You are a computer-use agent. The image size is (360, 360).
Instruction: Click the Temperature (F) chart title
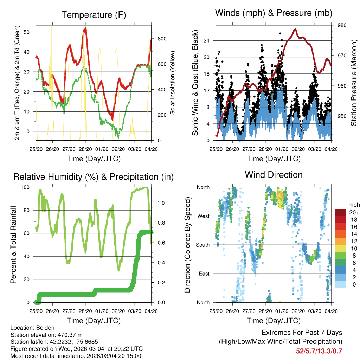(x=94, y=15)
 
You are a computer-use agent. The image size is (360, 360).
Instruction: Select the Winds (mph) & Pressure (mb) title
(x=274, y=13)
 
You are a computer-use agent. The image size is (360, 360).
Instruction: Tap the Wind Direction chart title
(x=274, y=174)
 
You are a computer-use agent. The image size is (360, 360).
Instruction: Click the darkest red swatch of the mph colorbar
(x=341, y=212)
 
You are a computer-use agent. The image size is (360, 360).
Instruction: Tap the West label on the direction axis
(x=204, y=216)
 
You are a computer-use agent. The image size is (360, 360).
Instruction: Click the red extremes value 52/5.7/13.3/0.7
(x=319, y=351)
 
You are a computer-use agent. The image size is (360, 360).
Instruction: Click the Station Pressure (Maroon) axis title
(x=354, y=83)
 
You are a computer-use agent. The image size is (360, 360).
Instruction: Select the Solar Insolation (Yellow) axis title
(x=173, y=83)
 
